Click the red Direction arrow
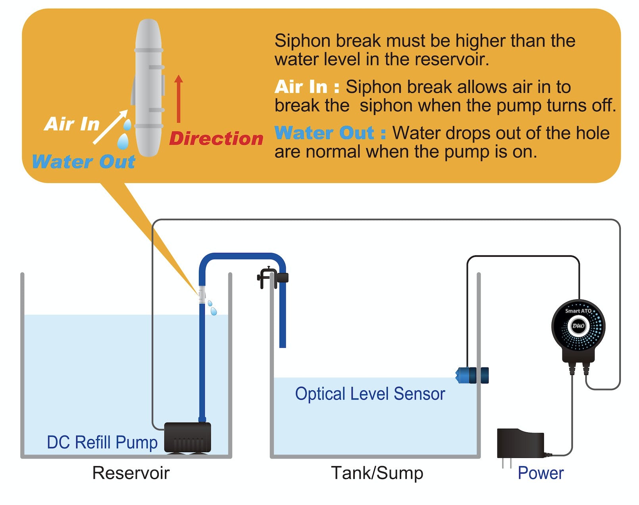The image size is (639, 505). (x=179, y=99)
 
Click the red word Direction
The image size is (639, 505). (x=216, y=139)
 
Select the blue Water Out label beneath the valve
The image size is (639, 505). (x=83, y=162)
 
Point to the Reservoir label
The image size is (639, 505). (x=131, y=473)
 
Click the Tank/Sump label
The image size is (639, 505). (x=377, y=473)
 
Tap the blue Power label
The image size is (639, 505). (x=541, y=473)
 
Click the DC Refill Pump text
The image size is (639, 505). (x=102, y=442)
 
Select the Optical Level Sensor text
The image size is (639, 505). (x=370, y=394)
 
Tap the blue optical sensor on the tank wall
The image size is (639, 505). (x=472, y=375)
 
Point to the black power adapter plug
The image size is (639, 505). (x=520, y=445)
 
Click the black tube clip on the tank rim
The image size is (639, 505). (x=272, y=277)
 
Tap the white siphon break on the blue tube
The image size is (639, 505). (x=202, y=295)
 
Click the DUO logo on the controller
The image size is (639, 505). (x=578, y=326)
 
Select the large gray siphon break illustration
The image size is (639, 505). (x=148, y=87)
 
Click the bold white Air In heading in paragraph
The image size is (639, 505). (x=306, y=87)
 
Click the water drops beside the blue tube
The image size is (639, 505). (x=212, y=308)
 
